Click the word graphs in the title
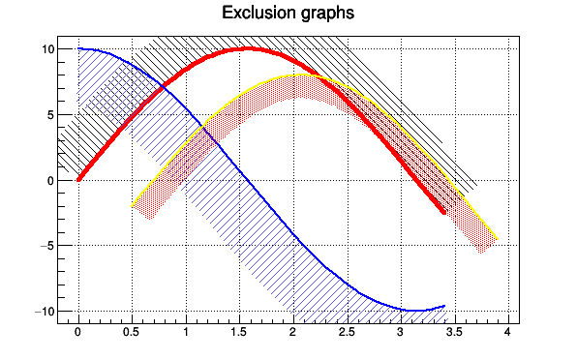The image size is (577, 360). click(323, 15)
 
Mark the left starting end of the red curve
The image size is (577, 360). click(78, 179)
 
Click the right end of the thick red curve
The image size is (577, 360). click(443, 213)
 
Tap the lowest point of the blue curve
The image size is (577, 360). click(415, 311)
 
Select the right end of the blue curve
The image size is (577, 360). click(443, 306)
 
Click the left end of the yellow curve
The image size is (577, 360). click(132, 206)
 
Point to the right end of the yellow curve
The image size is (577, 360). click(497, 239)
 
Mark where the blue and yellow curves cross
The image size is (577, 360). click(203, 127)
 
